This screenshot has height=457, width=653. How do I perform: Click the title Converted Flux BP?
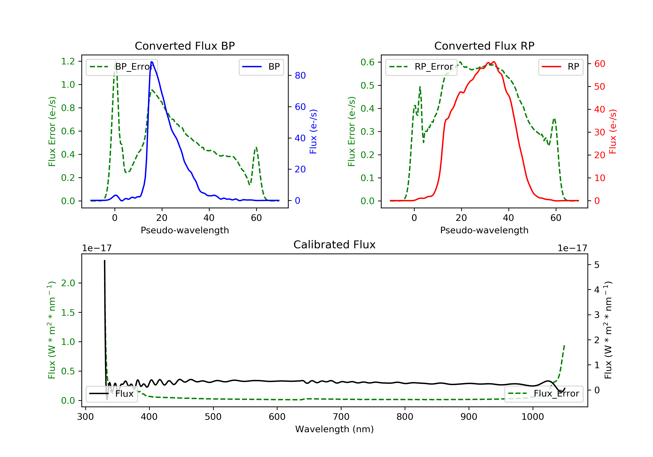(x=185, y=46)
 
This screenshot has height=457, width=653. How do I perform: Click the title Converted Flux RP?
(x=484, y=46)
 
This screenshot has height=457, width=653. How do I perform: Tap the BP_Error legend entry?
(x=122, y=67)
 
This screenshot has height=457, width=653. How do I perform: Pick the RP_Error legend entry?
(x=421, y=67)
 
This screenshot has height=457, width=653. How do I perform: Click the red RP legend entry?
(x=560, y=67)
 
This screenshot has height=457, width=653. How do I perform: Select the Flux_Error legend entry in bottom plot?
(x=544, y=394)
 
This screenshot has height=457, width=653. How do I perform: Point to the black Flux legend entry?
(x=112, y=394)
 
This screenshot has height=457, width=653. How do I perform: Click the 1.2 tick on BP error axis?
(x=68, y=61)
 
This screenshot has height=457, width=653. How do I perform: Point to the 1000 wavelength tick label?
(x=532, y=417)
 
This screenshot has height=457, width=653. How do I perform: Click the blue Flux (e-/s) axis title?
(x=313, y=131)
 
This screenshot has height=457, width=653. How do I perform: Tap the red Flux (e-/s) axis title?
(x=613, y=131)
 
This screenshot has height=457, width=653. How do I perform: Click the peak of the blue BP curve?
(x=151, y=62)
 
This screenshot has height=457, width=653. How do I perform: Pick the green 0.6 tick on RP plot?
(x=367, y=62)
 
